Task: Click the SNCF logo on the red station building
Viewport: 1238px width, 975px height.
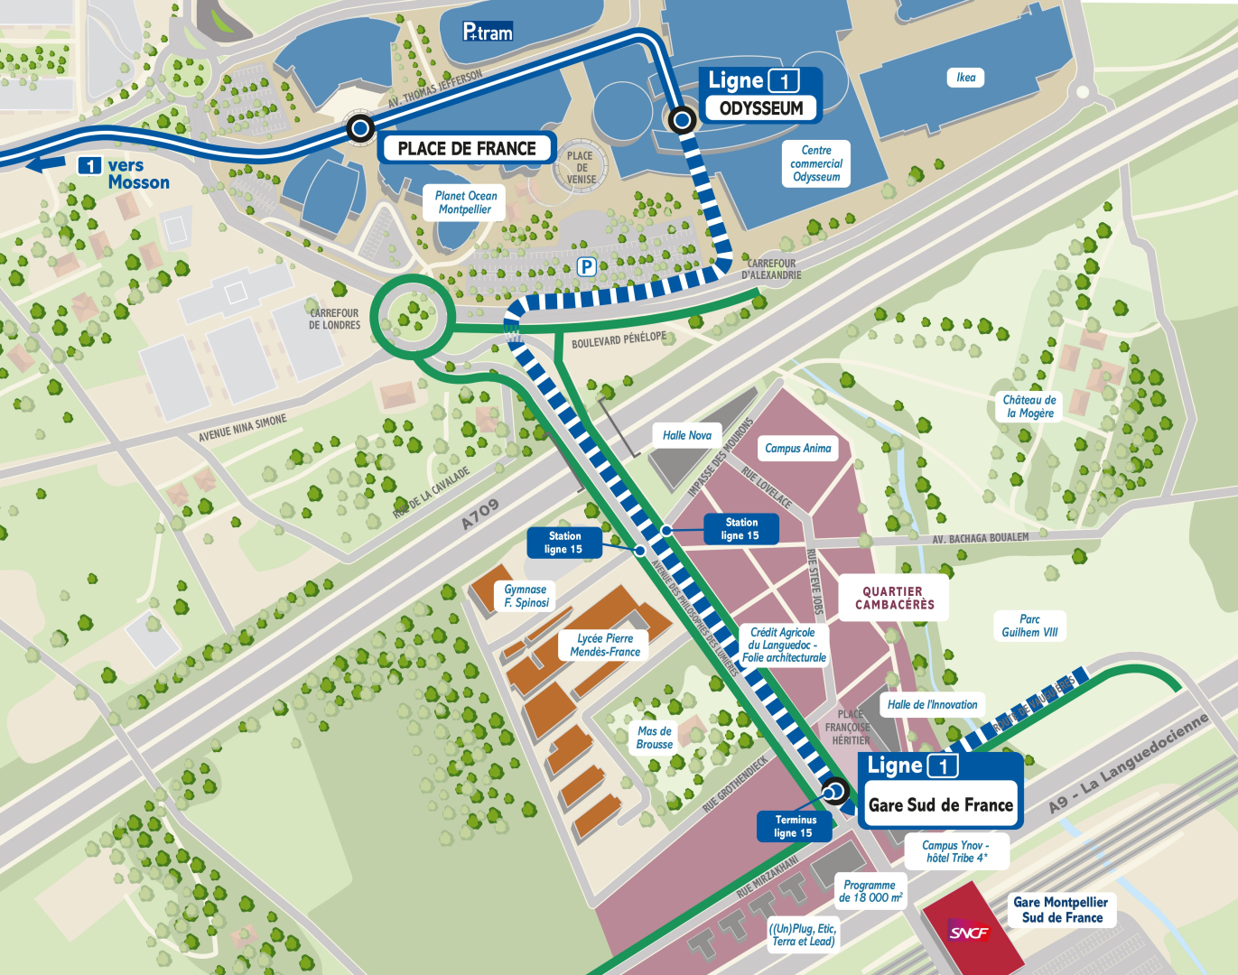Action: (x=969, y=933)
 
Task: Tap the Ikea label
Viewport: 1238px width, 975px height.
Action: (x=965, y=78)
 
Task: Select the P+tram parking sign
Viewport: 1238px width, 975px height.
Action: (x=488, y=32)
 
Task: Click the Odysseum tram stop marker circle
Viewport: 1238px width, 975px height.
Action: (x=682, y=119)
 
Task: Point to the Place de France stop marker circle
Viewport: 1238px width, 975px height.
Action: (x=360, y=129)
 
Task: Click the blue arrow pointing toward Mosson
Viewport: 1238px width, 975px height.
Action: (x=45, y=164)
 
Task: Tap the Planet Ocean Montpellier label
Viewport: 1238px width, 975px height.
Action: (x=465, y=202)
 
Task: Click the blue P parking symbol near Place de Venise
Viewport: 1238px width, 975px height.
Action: (x=586, y=266)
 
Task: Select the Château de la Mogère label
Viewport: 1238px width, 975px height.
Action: (x=1029, y=406)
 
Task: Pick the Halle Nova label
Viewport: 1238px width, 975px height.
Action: (x=686, y=435)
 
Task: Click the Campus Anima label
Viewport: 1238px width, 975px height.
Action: (x=797, y=448)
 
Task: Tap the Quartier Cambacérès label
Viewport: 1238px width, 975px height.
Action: (x=894, y=598)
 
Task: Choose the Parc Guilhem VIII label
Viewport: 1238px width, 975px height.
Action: (x=1029, y=626)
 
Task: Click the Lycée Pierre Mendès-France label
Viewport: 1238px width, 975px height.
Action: (x=605, y=645)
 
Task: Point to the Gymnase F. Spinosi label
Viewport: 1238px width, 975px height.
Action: (x=526, y=596)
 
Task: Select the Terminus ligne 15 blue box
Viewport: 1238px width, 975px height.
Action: (x=793, y=826)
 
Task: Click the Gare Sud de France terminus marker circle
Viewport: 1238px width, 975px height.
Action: (x=835, y=792)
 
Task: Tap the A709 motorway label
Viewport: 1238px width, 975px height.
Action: (x=479, y=515)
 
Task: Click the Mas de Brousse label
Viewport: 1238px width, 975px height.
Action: (x=655, y=738)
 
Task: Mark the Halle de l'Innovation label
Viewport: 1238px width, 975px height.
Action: (x=932, y=704)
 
